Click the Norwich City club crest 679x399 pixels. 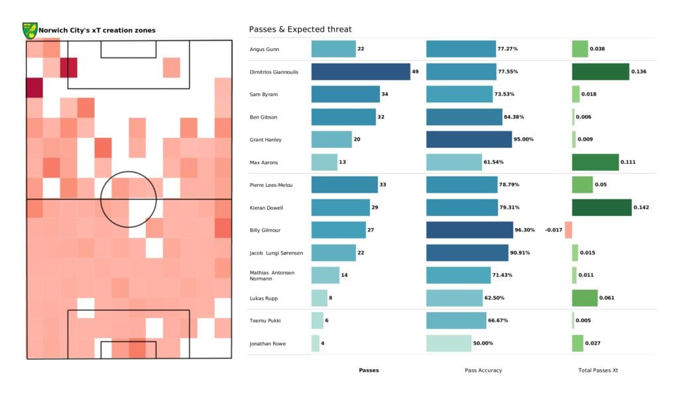coord(29,30)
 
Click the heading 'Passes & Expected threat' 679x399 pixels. coord(300,29)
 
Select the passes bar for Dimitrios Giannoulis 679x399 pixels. coord(360,72)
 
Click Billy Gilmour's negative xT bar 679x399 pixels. coord(568,230)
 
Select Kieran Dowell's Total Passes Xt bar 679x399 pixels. coord(601,207)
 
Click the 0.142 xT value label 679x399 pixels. coord(641,207)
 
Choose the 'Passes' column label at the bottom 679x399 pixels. coord(369,370)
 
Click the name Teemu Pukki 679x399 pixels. coord(265,321)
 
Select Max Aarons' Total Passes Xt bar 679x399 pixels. coord(595,162)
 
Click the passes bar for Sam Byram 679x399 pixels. coord(345,94)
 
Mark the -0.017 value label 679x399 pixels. coord(553,230)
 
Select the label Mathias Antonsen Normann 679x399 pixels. coord(272,275)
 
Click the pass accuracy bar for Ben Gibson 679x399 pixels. coord(464,117)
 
